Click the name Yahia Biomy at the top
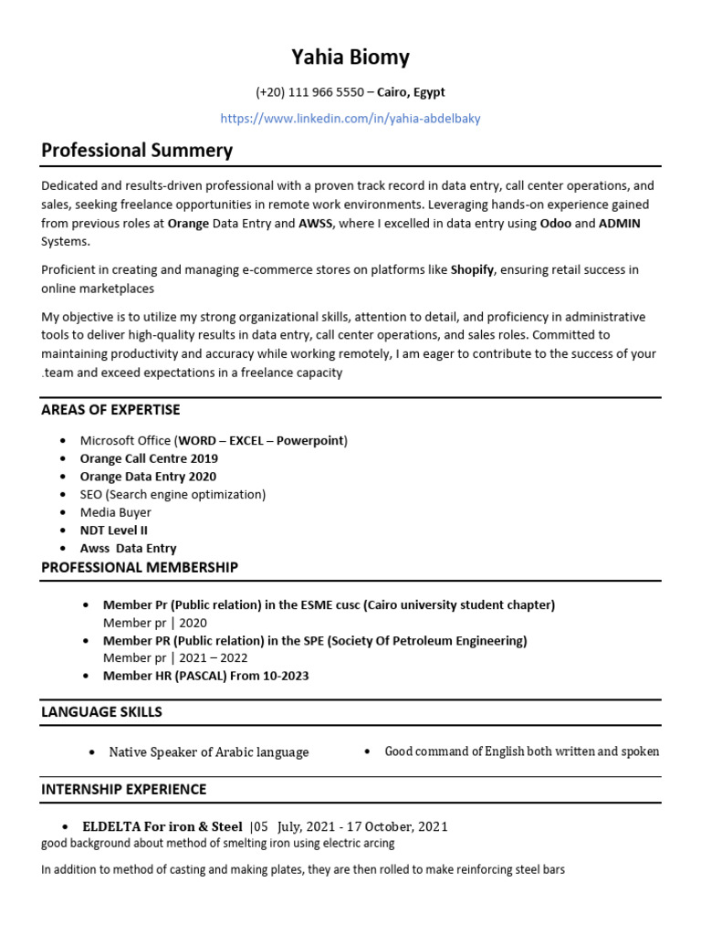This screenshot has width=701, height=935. tap(350, 58)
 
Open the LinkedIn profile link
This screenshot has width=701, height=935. tap(350, 119)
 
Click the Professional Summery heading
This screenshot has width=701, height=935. tap(137, 150)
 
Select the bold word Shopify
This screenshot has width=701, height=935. tap(472, 270)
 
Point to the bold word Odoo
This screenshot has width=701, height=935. tap(557, 224)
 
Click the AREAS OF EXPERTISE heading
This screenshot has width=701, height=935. tap(110, 410)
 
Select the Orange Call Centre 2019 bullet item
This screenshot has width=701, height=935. tap(149, 458)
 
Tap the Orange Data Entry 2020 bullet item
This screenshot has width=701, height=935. tap(148, 477)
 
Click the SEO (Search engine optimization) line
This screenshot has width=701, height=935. tap(173, 494)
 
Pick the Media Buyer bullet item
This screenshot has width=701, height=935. tap(115, 512)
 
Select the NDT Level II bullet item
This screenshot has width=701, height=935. tap(113, 531)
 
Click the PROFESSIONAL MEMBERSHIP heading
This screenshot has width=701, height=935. tap(140, 568)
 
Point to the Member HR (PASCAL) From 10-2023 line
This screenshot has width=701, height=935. tap(205, 676)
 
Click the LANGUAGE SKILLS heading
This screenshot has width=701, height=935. tap(101, 712)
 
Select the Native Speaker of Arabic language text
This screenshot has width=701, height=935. tap(208, 752)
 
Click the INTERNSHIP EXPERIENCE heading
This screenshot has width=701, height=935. tap(124, 789)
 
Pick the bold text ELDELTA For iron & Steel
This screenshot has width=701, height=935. tap(162, 827)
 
